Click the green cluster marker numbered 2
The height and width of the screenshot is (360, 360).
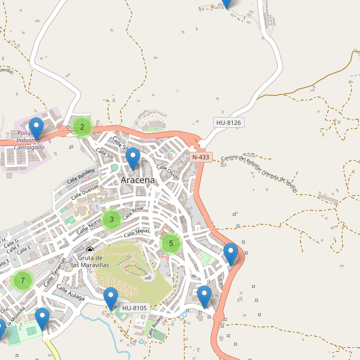pos(82,127)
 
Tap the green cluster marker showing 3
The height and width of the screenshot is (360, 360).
pos(111,220)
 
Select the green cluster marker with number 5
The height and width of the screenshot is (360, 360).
pos(171,244)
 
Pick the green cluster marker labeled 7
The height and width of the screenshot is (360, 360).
pos(22,280)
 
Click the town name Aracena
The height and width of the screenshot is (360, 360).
pos(137,180)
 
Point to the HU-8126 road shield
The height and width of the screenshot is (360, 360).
pos(228,123)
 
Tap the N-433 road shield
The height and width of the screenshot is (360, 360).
pos(200,157)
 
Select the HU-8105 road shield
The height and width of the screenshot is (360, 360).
pos(134,308)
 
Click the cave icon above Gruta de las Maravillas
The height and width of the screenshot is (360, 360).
pos(90,250)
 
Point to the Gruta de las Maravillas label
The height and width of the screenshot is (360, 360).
pos(90,261)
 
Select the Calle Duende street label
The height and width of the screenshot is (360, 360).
pos(85,191)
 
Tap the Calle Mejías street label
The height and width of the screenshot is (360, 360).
pos(137,233)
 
